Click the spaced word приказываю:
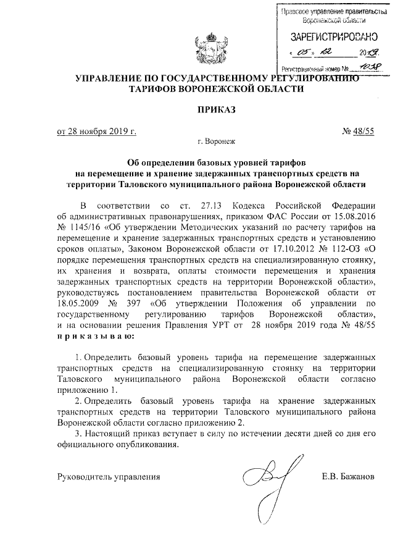[x=93, y=336]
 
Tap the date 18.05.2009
[x=80, y=303]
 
